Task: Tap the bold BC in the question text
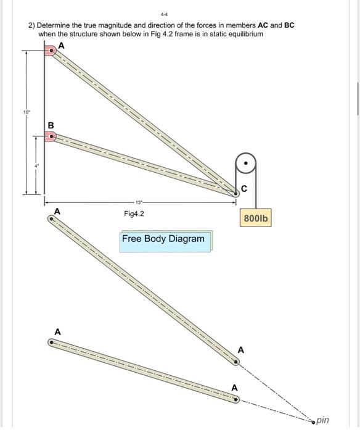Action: pos(288,25)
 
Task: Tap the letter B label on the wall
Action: pos(51,125)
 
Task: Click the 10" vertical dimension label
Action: pos(25,112)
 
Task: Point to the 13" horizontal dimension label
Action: pos(139,202)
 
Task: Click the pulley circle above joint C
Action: pos(246,165)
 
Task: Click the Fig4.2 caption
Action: pos(134,214)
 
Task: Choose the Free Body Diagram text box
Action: pos(163,239)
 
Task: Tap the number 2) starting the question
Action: pos(31,25)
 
